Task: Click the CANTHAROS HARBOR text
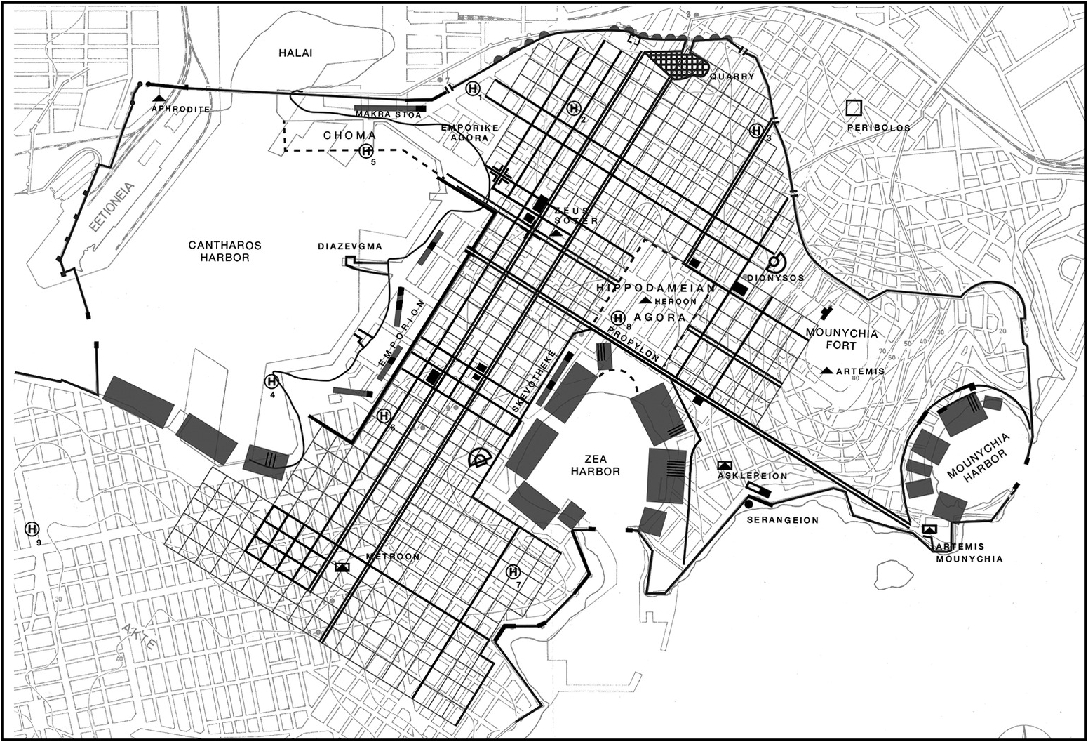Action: (224, 251)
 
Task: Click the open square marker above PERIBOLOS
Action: (854, 107)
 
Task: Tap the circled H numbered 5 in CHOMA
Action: (366, 150)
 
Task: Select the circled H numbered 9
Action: (32, 529)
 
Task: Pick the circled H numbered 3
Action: (755, 131)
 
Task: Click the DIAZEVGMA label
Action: (349, 246)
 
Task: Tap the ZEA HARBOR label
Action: (595, 465)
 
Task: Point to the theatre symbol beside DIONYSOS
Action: (776, 263)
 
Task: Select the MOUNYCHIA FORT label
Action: (841, 339)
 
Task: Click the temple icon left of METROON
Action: (343, 566)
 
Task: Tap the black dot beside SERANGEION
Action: (748, 504)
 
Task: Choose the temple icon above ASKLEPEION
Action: (725, 465)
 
